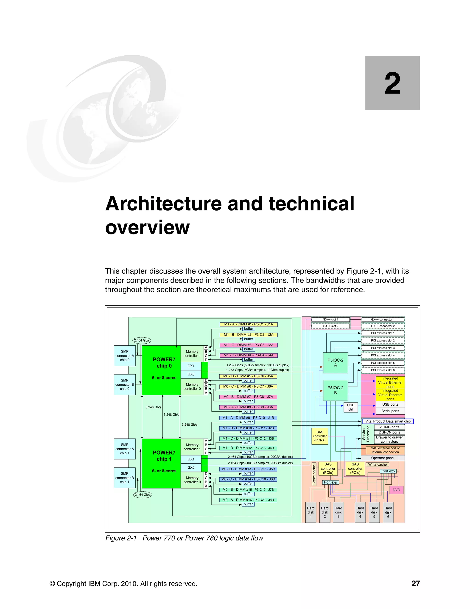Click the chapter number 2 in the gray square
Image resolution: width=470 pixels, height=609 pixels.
point(392,83)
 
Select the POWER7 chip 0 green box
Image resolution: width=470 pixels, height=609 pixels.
point(162,370)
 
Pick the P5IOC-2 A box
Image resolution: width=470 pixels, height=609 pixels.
point(335,362)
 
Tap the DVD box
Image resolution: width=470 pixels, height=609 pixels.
point(396,490)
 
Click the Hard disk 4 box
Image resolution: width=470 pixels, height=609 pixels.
point(360,512)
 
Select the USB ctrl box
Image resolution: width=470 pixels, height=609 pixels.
point(351,407)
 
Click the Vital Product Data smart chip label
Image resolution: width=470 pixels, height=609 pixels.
point(388,421)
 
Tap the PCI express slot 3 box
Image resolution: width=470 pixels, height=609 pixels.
point(383,348)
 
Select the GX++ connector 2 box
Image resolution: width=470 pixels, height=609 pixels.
point(383,326)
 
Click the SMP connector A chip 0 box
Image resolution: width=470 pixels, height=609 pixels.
point(125,356)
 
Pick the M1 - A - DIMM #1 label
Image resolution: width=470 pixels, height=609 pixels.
point(248,324)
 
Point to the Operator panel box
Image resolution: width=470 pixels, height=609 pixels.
point(383,458)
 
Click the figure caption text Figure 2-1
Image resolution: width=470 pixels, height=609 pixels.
point(121,538)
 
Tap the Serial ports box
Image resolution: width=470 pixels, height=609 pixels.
point(390,411)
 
